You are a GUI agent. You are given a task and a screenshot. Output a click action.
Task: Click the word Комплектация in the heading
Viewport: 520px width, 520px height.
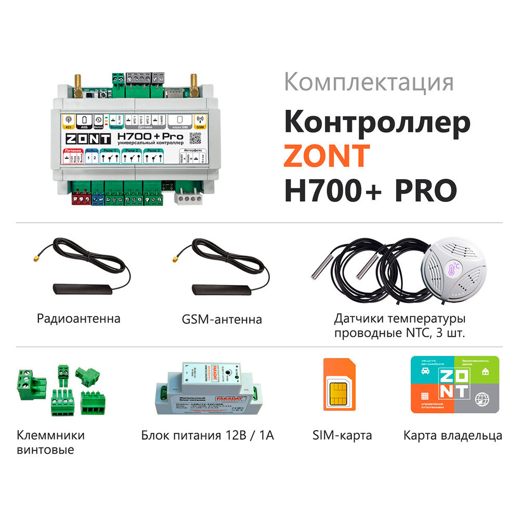tap(369, 83)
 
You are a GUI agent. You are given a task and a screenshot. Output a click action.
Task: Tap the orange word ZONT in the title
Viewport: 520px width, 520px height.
tap(327, 154)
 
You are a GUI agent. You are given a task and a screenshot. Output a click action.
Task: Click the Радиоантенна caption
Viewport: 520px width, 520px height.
tap(79, 318)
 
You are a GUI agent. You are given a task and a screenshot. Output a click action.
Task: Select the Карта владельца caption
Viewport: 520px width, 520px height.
tap(452, 435)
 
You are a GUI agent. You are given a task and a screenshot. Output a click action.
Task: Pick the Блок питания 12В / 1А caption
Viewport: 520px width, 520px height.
tap(207, 435)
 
